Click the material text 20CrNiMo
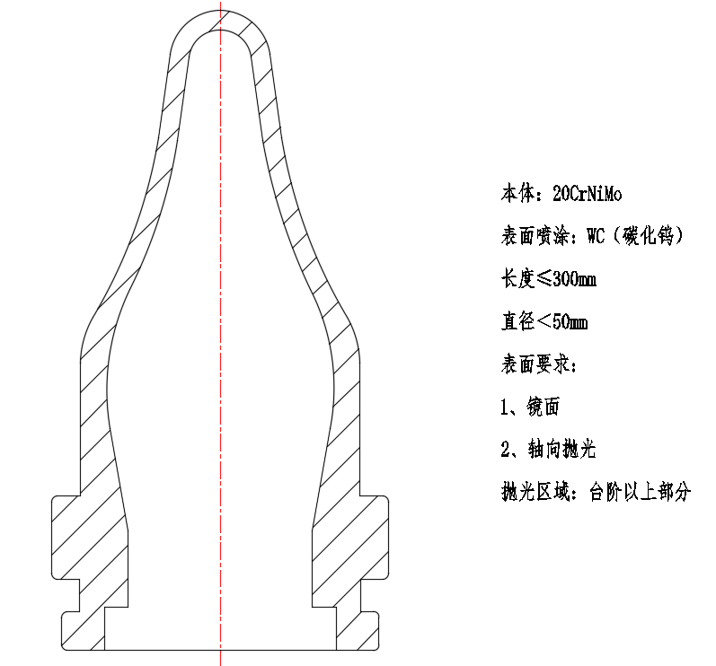point(588,194)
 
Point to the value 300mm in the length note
point(574,279)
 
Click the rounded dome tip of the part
point(221,22)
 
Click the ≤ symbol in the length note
point(544,279)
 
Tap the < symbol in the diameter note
point(544,322)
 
